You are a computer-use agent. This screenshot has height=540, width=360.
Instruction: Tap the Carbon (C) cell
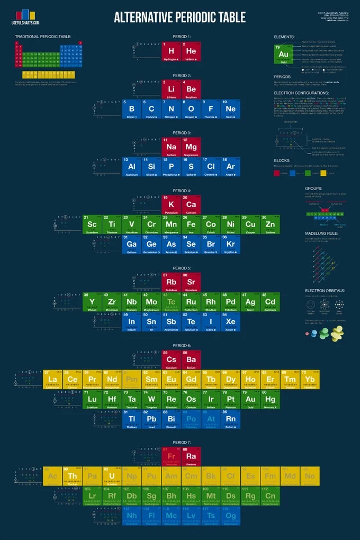[151, 109]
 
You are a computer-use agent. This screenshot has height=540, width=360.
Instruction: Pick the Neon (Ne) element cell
[230, 109]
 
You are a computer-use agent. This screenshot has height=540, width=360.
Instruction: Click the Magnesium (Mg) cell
[191, 147]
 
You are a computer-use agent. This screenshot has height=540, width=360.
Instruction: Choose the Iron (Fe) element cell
[191, 225]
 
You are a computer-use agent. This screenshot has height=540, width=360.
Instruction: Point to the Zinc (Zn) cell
[270, 225]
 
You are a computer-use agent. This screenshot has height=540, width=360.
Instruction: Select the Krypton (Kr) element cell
[230, 245]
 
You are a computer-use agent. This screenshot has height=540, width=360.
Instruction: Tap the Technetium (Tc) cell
[171, 302]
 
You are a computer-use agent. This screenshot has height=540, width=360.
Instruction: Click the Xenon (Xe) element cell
[230, 322]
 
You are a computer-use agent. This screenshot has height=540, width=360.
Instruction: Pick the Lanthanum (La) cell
[52, 380]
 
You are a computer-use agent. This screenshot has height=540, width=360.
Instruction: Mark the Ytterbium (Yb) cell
[310, 380]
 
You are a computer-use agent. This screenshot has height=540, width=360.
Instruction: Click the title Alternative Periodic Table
[180, 17]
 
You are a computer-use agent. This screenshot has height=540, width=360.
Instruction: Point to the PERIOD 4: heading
[181, 191]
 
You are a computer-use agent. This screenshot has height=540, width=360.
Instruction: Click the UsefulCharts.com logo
[25, 16]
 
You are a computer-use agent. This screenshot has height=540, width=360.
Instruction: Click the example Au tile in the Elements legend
[284, 55]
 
